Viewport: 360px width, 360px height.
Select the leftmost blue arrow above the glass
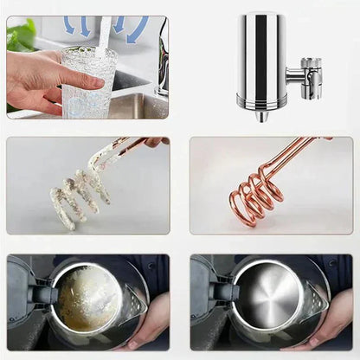68,25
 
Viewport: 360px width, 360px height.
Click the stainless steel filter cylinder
261,61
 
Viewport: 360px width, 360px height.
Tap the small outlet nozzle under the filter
261,115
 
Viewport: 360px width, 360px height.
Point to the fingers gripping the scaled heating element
154,141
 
